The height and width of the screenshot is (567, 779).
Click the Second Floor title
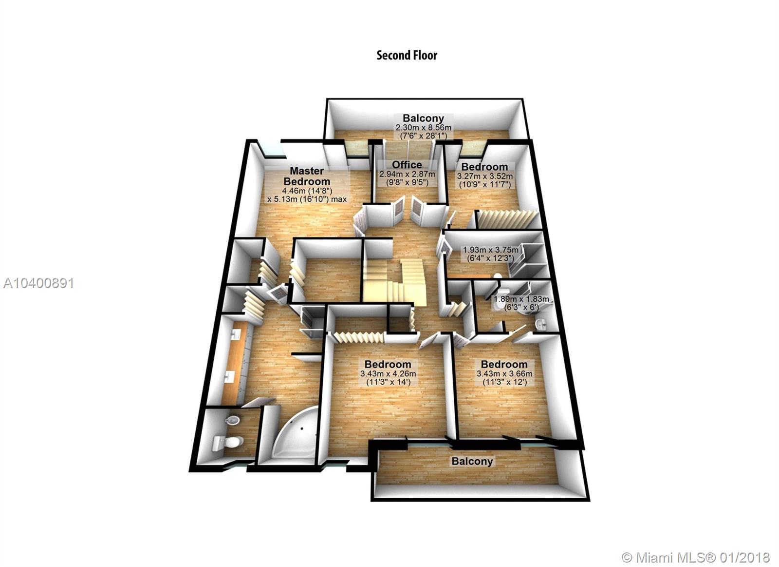point(407,56)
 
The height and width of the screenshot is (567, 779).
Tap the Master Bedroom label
point(307,176)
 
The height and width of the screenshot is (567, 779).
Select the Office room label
point(407,164)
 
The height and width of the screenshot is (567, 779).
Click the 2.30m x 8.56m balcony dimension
point(423,127)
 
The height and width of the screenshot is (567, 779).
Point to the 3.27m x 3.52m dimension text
point(485,176)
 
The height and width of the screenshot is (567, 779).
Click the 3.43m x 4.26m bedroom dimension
point(388,374)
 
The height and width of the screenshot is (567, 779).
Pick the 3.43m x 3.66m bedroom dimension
point(504,374)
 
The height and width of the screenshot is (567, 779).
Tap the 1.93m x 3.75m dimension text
point(490,250)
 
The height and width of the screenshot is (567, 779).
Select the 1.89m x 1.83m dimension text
point(521,299)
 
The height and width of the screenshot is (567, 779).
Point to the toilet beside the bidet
point(227,443)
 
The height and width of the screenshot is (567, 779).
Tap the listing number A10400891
point(38,284)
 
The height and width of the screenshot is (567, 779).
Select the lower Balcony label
point(472,461)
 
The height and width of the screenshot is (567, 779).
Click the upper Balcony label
point(423,118)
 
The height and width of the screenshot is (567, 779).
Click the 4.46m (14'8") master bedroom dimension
point(307,191)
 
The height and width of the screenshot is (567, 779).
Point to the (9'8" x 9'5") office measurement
point(407,182)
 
